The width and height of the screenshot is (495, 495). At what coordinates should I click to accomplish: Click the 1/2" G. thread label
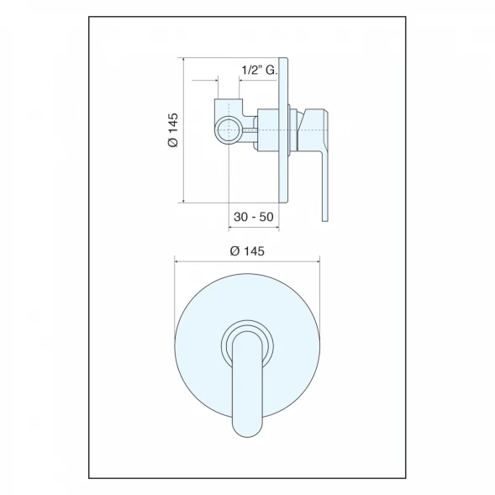[259, 70]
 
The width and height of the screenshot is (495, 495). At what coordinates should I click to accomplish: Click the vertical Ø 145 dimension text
[173, 130]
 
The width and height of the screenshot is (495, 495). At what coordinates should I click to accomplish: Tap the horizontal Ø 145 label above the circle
[247, 251]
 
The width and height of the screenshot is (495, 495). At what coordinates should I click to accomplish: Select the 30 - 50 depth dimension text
[254, 217]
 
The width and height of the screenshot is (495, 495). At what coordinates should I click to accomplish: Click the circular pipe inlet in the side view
[228, 130]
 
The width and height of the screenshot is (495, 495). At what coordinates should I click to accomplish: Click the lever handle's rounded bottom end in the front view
[247, 429]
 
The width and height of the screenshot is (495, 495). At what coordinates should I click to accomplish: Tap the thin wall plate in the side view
[283, 130]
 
